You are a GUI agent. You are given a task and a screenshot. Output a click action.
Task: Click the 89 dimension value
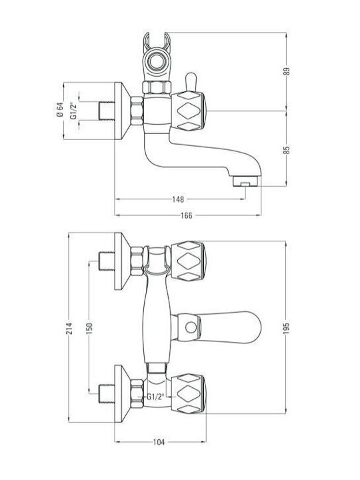click(x=286, y=71)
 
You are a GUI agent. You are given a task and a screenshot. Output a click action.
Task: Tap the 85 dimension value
click(x=286, y=150)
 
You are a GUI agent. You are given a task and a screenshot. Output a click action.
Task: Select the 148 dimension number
click(x=178, y=199)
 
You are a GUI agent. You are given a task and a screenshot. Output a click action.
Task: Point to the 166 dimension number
click(x=187, y=215)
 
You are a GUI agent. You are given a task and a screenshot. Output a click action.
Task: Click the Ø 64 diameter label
click(x=60, y=109)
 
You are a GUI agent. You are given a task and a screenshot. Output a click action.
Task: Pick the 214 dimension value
click(x=70, y=328)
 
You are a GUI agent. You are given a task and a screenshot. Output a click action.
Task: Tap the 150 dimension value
click(x=90, y=328)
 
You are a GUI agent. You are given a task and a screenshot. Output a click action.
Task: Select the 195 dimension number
click(x=286, y=328)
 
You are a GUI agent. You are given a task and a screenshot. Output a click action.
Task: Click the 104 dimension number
click(x=159, y=442)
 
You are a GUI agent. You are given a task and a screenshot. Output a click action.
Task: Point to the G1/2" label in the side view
click(x=73, y=110)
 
